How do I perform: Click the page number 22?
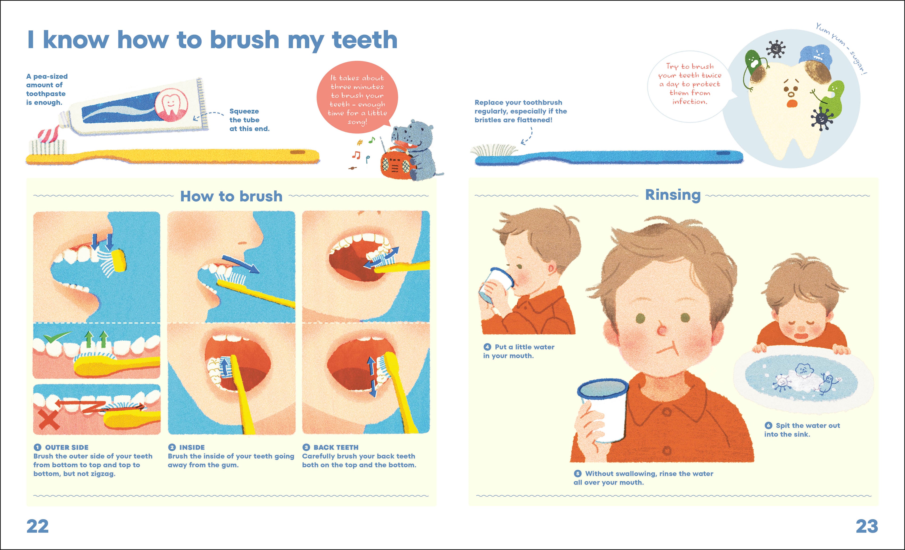(37, 526)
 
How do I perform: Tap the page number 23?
(867, 526)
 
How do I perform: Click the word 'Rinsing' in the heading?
(673, 195)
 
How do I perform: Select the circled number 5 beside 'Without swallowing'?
(578, 474)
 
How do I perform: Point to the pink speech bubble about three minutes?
(357, 97)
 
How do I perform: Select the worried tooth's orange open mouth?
(791, 103)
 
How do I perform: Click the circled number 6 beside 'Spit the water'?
(768, 426)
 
